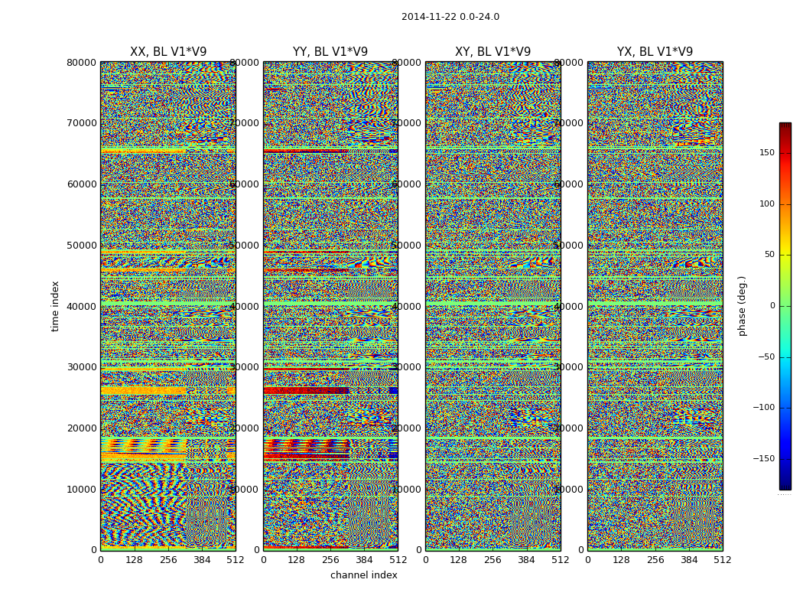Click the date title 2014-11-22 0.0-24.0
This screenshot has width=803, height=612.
pyautogui.click(x=450, y=17)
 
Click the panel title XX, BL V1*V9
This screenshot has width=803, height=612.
pyautogui.click(x=168, y=52)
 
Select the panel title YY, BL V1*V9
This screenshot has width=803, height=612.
pyautogui.click(x=330, y=52)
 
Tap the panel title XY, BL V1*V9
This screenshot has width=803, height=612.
pyautogui.click(x=493, y=52)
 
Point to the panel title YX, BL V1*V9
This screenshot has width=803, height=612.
pyautogui.click(x=655, y=52)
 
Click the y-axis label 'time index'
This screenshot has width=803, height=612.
pyautogui.click(x=55, y=306)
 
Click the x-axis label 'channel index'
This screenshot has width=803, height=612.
pyautogui.click(x=363, y=575)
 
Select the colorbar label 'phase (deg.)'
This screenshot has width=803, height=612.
pyautogui.click(x=742, y=306)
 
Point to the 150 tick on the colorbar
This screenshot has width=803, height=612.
pyautogui.click(x=766, y=153)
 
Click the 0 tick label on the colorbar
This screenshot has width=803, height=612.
pyautogui.click(x=772, y=306)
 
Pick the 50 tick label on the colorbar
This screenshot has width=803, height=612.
pyautogui.click(x=769, y=255)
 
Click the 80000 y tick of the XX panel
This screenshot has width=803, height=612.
pyautogui.click(x=82, y=63)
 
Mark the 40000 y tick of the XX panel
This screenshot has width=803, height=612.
pyautogui.click(x=82, y=307)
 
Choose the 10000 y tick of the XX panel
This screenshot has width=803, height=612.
pyautogui.click(x=82, y=490)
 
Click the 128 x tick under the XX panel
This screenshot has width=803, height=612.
pyautogui.click(x=134, y=560)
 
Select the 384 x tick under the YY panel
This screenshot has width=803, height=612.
pyautogui.click(x=364, y=560)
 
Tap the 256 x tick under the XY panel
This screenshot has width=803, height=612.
pyautogui.click(x=493, y=560)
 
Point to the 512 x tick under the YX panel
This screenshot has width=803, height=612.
pyautogui.click(x=722, y=560)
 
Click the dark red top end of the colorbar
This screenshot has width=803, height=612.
pyautogui.click(x=785, y=126)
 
